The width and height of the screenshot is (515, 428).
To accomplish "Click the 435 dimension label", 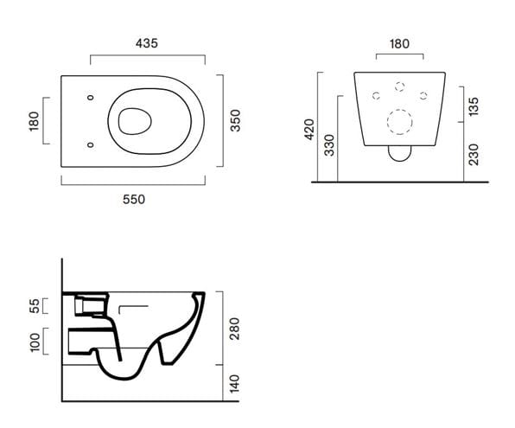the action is [x=147, y=43].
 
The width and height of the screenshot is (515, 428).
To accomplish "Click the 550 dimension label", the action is [x=134, y=199].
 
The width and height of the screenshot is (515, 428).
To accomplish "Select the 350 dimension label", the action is [x=235, y=121].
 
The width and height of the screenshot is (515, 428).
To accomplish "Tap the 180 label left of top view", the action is [x=34, y=121].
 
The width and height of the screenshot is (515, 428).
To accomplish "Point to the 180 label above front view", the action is [x=399, y=44].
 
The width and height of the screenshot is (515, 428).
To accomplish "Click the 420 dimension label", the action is [x=309, y=130].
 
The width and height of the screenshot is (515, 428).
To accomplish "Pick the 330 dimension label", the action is [x=328, y=145].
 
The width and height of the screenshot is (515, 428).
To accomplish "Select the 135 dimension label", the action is [x=474, y=106].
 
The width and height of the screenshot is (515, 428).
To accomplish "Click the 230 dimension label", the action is [x=474, y=154].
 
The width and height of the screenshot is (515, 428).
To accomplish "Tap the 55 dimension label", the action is [x=35, y=306].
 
